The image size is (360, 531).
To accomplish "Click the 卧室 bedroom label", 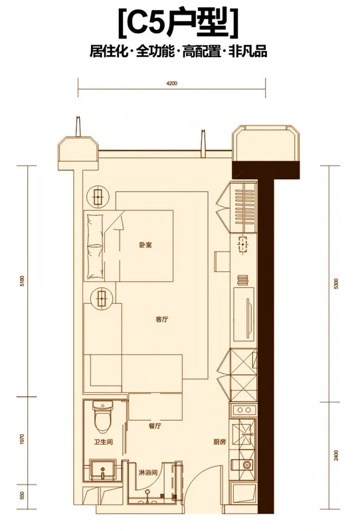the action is click(x=145, y=244).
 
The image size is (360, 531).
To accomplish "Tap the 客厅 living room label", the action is click(x=162, y=319).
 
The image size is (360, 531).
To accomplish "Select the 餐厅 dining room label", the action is click(x=155, y=426).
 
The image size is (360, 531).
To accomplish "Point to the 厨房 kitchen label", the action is click(x=220, y=441).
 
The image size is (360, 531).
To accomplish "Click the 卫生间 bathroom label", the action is click(x=103, y=442).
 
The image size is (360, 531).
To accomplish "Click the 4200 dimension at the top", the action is click(x=172, y=84).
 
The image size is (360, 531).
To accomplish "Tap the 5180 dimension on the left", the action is click(x=23, y=281).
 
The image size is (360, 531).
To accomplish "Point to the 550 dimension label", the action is click(x=23, y=495).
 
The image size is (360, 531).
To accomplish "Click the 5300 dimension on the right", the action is click(x=336, y=283).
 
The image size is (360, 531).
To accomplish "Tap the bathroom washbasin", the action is click(x=102, y=469).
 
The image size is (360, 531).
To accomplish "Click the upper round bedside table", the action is click(x=98, y=196).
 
